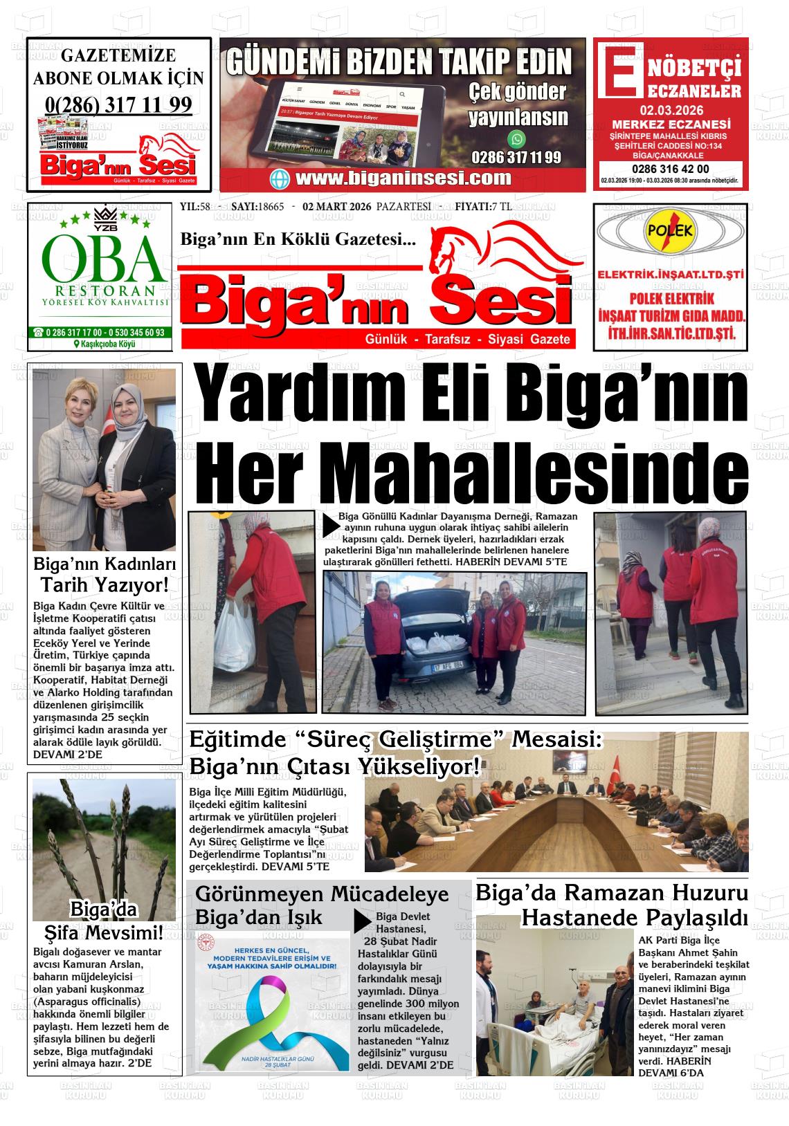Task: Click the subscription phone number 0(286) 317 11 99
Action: coord(118,104)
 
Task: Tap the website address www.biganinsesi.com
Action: coord(403,178)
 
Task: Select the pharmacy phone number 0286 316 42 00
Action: coord(670,169)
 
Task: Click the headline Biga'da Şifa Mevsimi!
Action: coord(105,921)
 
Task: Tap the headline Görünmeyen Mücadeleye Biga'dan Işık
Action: coord(322,905)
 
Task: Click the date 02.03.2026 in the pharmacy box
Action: coord(669,110)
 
